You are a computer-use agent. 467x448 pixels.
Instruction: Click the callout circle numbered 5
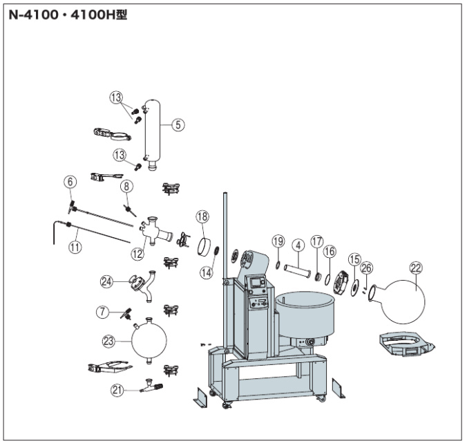178,125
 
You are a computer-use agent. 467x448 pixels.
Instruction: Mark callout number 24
106,281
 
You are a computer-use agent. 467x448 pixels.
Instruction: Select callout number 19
278,241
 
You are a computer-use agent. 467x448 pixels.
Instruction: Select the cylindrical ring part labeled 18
204,245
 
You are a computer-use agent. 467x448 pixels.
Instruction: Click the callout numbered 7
102,312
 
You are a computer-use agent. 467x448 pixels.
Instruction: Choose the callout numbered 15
354,259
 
